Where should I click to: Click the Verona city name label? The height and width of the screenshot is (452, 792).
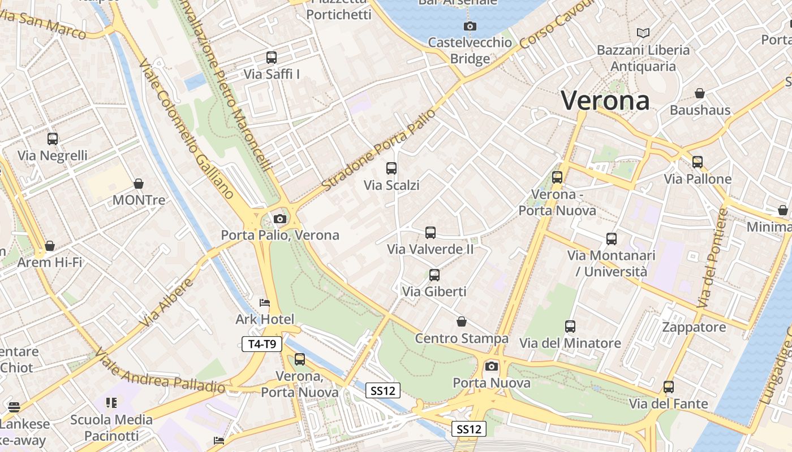(x=605, y=101)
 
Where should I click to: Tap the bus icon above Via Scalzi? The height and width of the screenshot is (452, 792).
(x=391, y=168)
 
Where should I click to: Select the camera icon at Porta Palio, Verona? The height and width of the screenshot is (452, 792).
(x=279, y=219)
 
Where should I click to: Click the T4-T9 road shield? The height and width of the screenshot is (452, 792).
(x=262, y=344)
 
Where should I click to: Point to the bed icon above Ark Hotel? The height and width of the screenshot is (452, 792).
(x=264, y=303)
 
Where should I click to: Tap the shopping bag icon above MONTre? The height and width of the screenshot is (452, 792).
(x=139, y=184)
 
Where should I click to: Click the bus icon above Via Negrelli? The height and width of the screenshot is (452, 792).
(x=53, y=138)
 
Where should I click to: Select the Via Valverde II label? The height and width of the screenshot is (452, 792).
(x=430, y=249)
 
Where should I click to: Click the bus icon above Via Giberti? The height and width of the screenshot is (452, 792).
(x=434, y=275)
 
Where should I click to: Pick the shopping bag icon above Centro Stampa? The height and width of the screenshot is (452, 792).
(x=462, y=321)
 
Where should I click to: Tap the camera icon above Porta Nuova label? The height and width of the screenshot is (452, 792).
(x=492, y=366)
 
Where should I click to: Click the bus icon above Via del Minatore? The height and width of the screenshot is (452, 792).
(x=570, y=326)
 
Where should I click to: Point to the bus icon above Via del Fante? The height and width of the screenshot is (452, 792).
(x=669, y=387)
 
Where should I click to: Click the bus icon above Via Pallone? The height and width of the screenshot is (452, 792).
(x=698, y=162)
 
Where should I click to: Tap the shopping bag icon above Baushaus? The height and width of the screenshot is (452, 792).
(x=700, y=93)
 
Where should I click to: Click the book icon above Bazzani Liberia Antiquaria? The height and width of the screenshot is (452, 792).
(x=643, y=33)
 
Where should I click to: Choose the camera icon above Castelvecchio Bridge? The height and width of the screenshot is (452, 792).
(x=470, y=26)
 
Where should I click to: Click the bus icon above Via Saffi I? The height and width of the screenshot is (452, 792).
(x=272, y=57)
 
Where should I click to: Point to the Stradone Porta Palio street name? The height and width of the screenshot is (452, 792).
(x=379, y=149)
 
